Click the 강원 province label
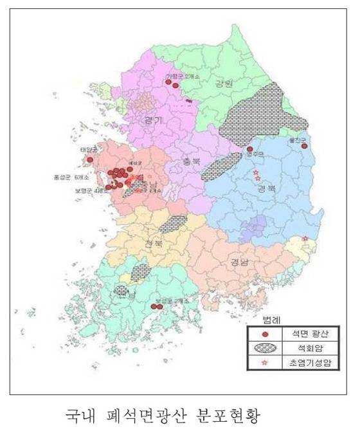(x=206, y=84)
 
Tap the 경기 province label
(x=154, y=120)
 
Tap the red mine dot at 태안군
(x=90, y=159)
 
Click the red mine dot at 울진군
(x=304, y=147)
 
